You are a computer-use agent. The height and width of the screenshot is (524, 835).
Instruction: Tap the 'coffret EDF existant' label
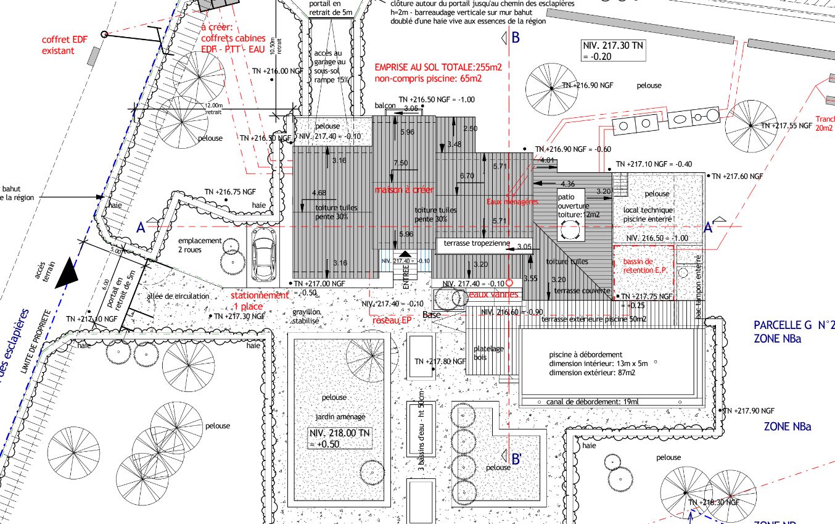[x=65, y=45]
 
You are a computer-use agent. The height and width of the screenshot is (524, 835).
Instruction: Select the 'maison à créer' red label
[x=404, y=189]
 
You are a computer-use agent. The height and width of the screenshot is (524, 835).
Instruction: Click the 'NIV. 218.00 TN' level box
[x=340, y=438]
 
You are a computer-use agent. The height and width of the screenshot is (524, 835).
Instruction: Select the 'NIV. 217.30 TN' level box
[x=613, y=51]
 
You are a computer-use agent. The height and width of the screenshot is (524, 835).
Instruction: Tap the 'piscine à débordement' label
[x=579, y=355]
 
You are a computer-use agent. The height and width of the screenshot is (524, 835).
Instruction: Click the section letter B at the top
[x=516, y=38]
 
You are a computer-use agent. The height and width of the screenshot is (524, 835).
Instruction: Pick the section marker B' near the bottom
[x=517, y=459]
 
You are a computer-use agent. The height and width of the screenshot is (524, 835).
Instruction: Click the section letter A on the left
[x=141, y=228]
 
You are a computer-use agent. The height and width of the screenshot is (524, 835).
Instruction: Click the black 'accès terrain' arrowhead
[x=66, y=276]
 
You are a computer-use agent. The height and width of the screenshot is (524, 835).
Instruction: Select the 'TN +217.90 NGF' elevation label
[x=749, y=410]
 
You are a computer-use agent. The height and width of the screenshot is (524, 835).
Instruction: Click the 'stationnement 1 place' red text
[x=259, y=301]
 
